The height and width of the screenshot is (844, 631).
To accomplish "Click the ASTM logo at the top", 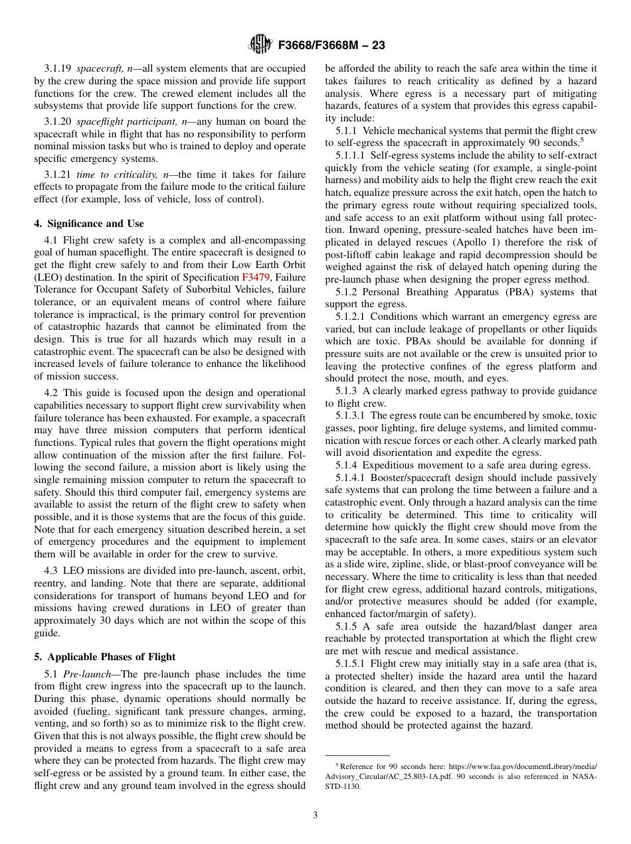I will coord(259,45).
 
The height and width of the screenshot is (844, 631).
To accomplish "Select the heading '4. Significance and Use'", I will coord(89,224).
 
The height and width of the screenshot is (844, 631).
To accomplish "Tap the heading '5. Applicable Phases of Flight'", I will coord(105,657).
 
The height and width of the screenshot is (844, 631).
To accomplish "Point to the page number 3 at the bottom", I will coord(315,815).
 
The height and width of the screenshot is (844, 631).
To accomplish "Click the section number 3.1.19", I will coord(58,68).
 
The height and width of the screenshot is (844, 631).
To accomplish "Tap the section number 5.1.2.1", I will coord(353,316).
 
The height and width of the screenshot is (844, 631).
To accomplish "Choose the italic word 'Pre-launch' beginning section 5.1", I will coord(90,673).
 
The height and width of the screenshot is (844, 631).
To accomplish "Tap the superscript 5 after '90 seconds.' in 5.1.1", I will coord(581,139).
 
